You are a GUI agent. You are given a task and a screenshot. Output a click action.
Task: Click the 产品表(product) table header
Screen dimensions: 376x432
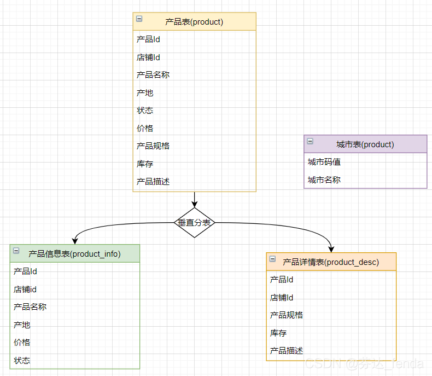(x=194, y=22)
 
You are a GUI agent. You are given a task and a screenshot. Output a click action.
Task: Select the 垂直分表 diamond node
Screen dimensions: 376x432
(x=194, y=223)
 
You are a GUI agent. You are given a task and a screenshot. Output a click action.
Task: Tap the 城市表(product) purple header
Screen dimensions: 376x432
(x=365, y=144)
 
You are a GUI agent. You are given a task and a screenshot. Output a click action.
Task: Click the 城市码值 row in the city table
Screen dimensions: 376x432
(x=324, y=162)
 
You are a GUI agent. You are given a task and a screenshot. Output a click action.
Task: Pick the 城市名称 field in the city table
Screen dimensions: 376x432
(x=324, y=180)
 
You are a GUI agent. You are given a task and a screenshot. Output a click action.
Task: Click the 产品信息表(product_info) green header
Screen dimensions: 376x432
(x=74, y=253)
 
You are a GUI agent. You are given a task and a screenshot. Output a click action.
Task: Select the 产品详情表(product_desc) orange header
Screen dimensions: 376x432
(x=331, y=262)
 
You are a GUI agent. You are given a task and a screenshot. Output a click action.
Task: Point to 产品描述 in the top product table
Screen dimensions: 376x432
(x=153, y=182)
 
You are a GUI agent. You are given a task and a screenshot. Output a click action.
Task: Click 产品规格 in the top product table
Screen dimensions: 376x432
(x=153, y=146)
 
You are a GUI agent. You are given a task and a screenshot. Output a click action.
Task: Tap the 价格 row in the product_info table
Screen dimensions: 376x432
(x=22, y=343)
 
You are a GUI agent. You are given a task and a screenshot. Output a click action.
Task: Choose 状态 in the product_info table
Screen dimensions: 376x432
(x=22, y=360)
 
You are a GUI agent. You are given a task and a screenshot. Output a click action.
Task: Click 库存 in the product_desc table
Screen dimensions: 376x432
(x=278, y=333)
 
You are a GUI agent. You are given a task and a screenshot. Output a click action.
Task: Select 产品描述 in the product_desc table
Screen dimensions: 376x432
(x=287, y=350)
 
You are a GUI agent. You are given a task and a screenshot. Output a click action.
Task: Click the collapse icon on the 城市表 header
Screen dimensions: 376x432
(x=310, y=141)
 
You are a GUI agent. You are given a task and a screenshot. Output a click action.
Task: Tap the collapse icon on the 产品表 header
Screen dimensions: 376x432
(x=139, y=19)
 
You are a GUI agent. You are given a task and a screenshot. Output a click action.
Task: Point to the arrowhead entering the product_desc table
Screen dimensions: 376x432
(x=331, y=249)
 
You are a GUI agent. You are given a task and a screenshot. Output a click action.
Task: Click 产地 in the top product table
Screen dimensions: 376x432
(x=145, y=93)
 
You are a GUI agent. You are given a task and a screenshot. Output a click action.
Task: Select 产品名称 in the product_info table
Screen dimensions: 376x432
(x=30, y=307)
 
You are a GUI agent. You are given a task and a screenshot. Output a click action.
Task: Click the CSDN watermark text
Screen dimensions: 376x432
(x=364, y=363)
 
